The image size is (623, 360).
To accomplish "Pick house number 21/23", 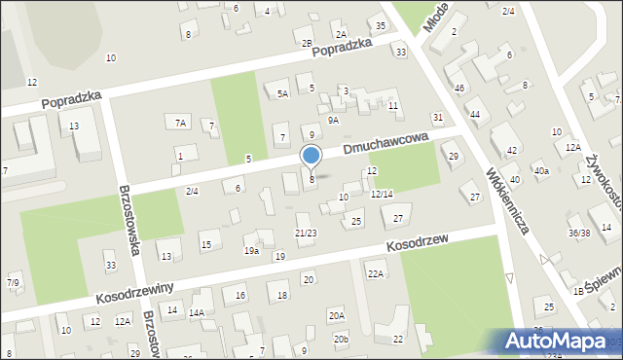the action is coord(306,233).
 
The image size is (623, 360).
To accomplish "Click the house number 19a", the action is coord(251,251).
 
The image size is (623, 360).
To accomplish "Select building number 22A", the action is coord(375,273).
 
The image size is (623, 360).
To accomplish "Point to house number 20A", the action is coord(337,315).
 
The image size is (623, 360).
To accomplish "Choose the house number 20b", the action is coord(340,339).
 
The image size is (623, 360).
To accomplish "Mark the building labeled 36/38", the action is coord(579,233).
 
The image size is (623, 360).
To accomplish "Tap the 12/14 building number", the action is coord(382,194).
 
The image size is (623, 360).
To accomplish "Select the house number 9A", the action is coord(333,120).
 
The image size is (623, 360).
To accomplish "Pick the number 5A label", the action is coord(282,94).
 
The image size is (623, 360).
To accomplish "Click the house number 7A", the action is coord(180,123).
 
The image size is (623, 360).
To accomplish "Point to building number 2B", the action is coord(307,43).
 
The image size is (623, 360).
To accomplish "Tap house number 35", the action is coord(380,24).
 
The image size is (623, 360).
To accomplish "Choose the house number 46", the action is coord(459,89).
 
